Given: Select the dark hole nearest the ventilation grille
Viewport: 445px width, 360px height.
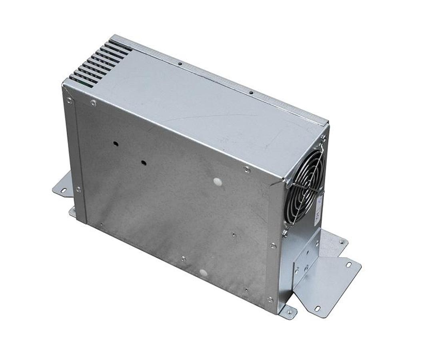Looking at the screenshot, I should [115, 143].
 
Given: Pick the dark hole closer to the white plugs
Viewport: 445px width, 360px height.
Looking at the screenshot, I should [143, 163].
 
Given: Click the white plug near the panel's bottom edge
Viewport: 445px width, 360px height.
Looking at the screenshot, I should [203, 273].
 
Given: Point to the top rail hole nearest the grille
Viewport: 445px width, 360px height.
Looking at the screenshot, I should [180, 63].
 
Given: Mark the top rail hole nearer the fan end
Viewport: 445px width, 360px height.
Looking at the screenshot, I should [251, 93].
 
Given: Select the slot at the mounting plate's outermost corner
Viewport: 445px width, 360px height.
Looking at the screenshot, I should [349, 264].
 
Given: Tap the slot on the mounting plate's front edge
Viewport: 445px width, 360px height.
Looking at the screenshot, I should [317, 308].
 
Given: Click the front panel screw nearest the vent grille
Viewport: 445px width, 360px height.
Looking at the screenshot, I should [94, 103].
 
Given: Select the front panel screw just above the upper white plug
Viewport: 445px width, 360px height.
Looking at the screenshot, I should [247, 170].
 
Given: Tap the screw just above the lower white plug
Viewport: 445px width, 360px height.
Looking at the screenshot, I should [183, 259].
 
